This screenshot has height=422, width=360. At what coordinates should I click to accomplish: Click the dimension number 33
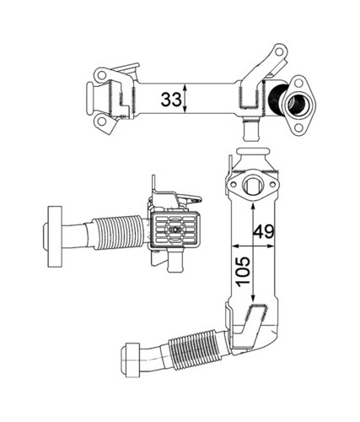pos(171,99)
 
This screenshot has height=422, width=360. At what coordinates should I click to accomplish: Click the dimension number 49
pos(263,231)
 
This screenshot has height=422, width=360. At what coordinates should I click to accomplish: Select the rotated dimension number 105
pos(243,272)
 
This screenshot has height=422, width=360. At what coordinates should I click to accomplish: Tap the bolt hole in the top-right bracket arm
pos(279,51)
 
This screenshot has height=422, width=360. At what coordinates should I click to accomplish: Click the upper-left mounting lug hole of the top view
pos(101,75)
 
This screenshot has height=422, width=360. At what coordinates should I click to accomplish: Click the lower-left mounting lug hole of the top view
pos(102,122)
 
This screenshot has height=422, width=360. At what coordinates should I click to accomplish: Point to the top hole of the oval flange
pos(298,83)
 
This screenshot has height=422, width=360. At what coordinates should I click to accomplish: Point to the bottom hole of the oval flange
pos(298,128)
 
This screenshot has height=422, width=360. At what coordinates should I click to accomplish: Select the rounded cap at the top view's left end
pos(90,99)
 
